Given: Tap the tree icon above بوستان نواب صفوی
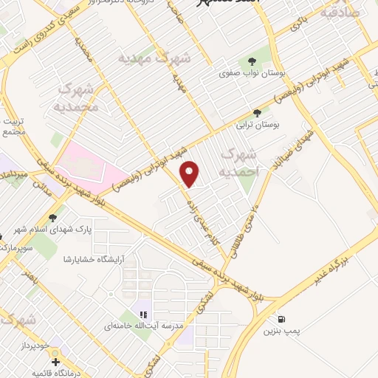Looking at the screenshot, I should point(252,61).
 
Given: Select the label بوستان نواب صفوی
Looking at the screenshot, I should point(252,75).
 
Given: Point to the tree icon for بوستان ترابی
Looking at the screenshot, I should point(257,113).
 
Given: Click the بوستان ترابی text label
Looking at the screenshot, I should point(256,126).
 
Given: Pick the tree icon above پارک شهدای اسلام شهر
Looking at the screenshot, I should point(52,218).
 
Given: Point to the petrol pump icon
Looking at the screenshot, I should point(281,319).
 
